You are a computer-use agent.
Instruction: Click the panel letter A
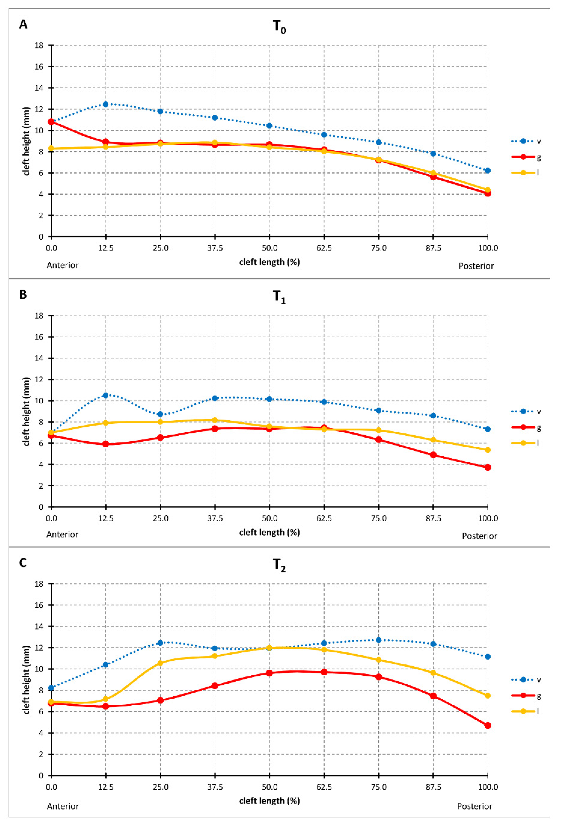coord(23,25)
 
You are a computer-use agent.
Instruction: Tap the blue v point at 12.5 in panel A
coord(106,104)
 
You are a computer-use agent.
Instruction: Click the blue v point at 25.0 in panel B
coord(160,414)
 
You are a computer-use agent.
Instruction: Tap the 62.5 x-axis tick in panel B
coord(324,518)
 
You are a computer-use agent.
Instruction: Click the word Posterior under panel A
coord(476,266)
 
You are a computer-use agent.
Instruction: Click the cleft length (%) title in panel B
coord(269,532)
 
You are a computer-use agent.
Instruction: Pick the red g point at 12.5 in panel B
coord(106,444)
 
